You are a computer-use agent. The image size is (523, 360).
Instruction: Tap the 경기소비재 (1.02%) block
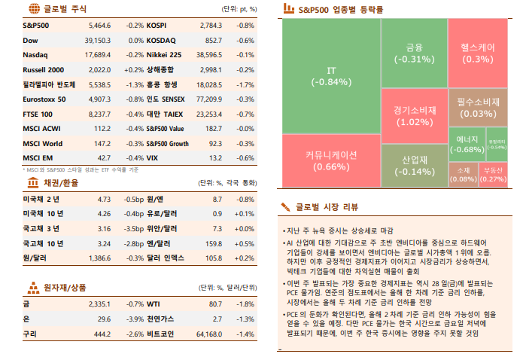click(414, 115)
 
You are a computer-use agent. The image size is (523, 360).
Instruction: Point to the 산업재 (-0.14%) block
click(414, 165)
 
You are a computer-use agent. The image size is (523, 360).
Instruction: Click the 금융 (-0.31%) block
click(414, 53)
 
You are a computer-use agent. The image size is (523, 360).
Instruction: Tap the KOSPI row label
click(157, 26)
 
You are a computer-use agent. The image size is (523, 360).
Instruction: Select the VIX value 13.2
click(214, 157)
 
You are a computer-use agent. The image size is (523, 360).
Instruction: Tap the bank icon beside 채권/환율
click(33, 183)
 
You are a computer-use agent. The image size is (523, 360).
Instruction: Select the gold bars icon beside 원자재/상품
click(33, 287)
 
